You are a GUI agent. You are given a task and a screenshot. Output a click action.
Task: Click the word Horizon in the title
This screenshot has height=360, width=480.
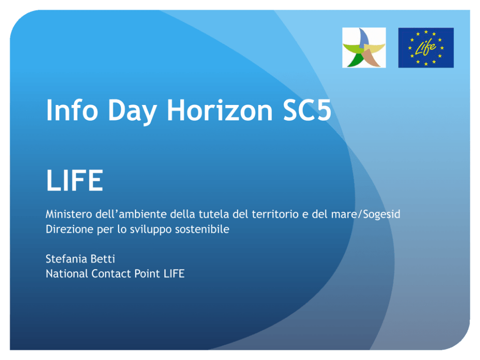coord(220,110)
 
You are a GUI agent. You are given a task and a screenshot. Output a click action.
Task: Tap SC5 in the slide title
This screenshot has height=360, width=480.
coord(307,110)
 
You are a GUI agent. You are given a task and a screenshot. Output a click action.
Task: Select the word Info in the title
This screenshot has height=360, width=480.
coord(72,110)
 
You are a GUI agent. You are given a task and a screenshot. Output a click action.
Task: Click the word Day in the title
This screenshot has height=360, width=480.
coord(132,112)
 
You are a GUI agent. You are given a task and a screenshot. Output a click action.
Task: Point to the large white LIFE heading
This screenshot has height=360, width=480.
coord(75,180)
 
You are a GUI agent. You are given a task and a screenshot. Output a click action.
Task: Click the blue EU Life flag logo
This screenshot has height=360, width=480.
coord(426,47)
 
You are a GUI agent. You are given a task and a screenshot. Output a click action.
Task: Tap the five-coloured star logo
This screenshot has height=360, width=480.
coord(364,47)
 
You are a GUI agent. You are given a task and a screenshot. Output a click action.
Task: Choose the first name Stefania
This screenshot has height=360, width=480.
coord(66,259)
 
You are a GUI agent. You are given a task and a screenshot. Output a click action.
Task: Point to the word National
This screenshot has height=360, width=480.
coord(66,274)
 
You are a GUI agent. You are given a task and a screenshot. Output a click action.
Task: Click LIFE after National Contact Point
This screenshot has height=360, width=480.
coord(174,274)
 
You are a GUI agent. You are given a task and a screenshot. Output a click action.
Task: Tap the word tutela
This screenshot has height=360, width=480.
coord(212,214)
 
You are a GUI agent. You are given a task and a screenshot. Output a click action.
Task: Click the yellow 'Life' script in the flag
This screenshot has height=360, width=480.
coord(425,48)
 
